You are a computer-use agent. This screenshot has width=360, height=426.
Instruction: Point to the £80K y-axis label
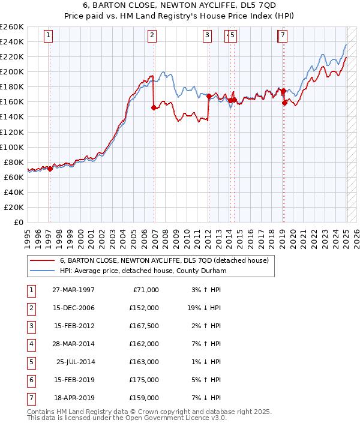coord(14,162)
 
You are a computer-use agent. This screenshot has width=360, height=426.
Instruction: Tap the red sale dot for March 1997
coord(50,169)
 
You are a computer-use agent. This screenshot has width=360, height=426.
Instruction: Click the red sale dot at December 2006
coord(154,107)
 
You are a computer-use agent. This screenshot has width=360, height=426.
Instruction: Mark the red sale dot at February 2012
coord(209,96)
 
